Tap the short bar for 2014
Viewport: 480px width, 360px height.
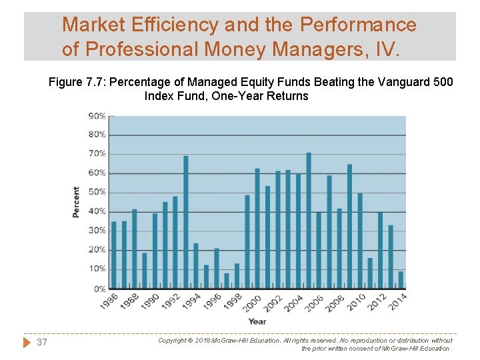click(401, 280)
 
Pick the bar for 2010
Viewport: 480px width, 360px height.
click(360, 241)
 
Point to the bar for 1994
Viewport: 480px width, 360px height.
click(196, 265)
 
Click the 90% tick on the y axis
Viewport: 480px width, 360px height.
click(97, 115)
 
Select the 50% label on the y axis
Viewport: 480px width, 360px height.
click(97, 192)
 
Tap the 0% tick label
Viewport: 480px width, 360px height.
click(99, 289)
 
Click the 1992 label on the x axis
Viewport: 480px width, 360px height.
click(170, 302)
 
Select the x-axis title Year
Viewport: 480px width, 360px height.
click(257, 321)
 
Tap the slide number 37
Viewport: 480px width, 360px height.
click(42, 342)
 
